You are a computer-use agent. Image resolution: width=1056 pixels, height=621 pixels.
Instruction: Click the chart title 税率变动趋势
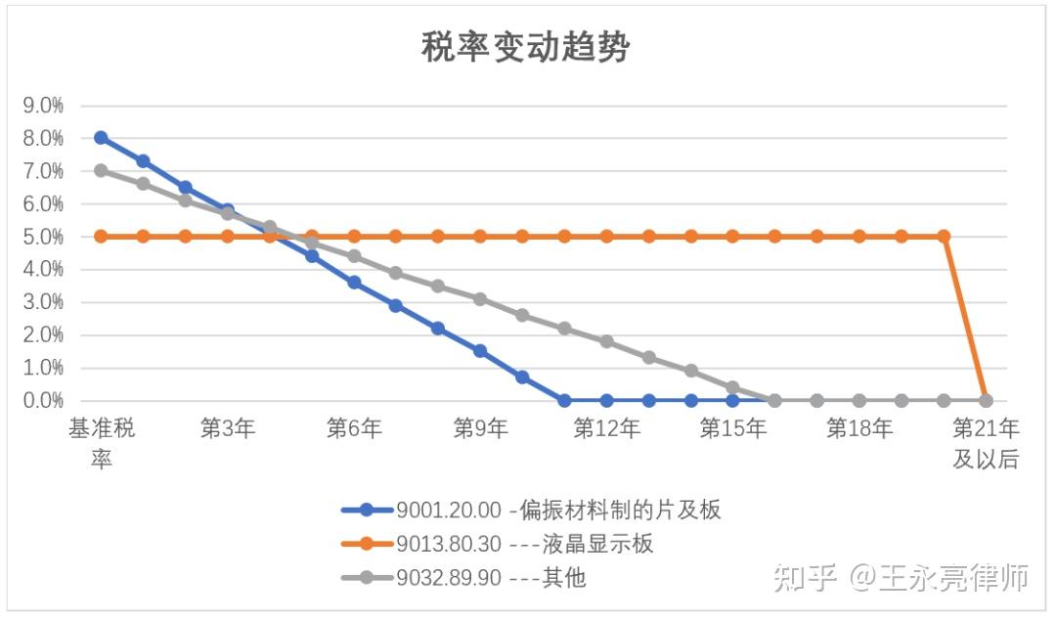(x=526, y=46)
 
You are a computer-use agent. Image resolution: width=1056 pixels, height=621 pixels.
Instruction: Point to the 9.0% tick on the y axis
(x=44, y=106)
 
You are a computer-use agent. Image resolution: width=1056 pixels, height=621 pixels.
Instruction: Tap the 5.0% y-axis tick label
(x=44, y=237)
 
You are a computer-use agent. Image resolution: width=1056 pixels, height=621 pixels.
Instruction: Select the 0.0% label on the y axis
(x=44, y=400)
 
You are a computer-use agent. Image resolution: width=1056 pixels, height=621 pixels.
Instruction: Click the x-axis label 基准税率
(x=101, y=442)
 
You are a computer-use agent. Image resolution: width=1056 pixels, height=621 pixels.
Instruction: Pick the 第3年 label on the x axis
(x=227, y=428)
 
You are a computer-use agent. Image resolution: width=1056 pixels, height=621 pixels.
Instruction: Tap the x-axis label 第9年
(x=480, y=428)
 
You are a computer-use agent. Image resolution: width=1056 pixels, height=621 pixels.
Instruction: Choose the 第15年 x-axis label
(x=732, y=428)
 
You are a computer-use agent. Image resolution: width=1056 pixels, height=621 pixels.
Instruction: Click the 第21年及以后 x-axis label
(x=986, y=442)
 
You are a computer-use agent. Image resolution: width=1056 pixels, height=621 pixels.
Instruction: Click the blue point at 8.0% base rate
(x=101, y=138)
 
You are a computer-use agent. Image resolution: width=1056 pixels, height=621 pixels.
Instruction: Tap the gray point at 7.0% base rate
(x=101, y=170)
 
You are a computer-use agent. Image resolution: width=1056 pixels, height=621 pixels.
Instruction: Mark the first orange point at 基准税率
(x=101, y=236)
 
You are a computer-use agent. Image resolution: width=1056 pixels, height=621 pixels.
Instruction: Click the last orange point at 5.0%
(x=944, y=236)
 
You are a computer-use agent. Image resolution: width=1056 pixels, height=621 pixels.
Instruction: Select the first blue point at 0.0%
(x=564, y=400)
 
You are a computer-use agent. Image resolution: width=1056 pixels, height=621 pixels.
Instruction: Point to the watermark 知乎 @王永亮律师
(x=901, y=578)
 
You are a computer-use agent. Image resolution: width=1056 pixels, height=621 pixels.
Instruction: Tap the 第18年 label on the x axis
(x=859, y=428)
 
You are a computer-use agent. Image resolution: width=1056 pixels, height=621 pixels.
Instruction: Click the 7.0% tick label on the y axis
(x=44, y=171)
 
